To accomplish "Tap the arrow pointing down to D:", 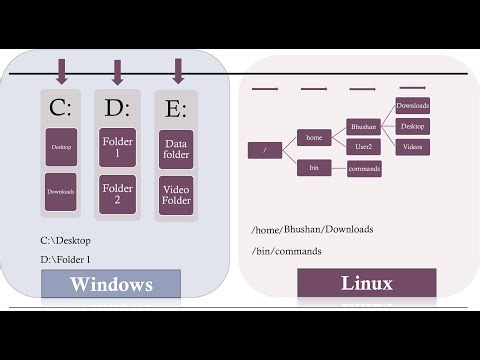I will pyautogui.click(x=118, y=71).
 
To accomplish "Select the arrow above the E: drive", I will pyautogui.click(x=178, y=71).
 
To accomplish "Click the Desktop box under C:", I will pyautogui.click(x=62, y=146).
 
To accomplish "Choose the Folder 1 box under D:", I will pyautogui.click(x=118, y=150).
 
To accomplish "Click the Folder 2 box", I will pyautogui.click(x=118, y=194).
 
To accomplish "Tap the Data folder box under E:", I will pyautogui.click(x=177, y=150).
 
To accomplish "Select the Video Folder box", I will pyautogui.click(x=177, y=194).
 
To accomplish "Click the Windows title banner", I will pyautogui.click(x=110, y=284).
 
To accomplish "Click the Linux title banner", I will pyautogui.click(x=366, y=283).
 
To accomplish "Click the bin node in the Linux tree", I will pyautogui.click(x=314, y=167).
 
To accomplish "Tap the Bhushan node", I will pyautogui.click(x=363, y=127).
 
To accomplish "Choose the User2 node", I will pyautogui.click(x=363, y=146).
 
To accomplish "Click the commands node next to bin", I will pyautogui.click(x=364, y=168).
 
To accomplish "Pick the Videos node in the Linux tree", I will pyautogui.click(x=413, y=146).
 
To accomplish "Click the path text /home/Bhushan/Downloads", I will pyautogui.click(x=312, y=229).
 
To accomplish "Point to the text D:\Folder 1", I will pyautogui.click(x=72, y=260).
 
